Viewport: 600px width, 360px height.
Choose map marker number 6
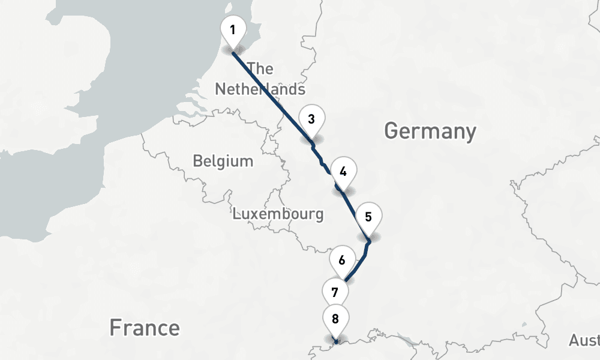(341, 262)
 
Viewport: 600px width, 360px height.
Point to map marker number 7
(335, 293)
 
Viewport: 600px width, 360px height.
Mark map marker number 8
(335, 320)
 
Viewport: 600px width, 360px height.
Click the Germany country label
(430, 131)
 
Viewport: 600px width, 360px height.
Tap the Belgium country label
(223, 161)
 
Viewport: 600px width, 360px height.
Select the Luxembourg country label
(278, 214)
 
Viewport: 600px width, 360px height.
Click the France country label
(144, 328)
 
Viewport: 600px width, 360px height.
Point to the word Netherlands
(260, 89)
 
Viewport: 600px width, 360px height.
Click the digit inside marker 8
(335, 319)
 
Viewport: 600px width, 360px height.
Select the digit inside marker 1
(233, 29)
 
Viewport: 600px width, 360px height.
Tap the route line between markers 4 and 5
(354, 213)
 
